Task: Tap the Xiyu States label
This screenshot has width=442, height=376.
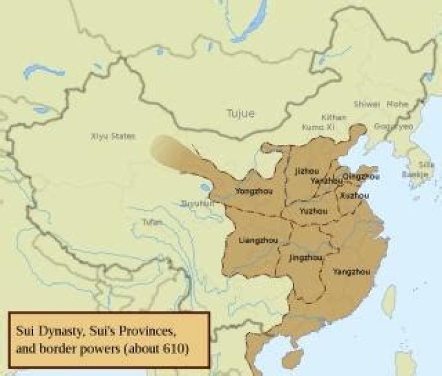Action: tap(112, 136)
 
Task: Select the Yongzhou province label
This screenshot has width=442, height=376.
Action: tap(252, 191)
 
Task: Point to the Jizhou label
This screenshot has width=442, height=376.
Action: tap(307, 170)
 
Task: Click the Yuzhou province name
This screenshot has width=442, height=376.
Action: tap(313, 211)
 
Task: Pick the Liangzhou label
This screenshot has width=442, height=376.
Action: tap(257, 238)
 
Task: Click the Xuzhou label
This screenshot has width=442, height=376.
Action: tap(354, 196)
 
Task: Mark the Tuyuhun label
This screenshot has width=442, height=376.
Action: tap(198, 203)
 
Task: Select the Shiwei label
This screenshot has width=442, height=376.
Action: tap(366, 104)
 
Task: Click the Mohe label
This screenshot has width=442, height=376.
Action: tap(397, 104)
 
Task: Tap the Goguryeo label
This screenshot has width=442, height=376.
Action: tap(394, 125)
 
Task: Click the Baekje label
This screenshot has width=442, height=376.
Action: tap(419, 174)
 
